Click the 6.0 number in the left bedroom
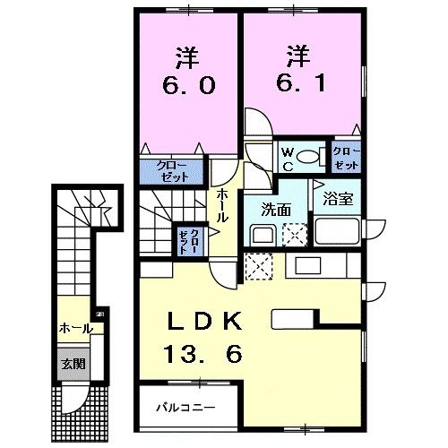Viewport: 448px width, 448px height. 187,86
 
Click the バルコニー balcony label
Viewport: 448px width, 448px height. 187,408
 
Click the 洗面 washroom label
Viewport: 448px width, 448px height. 274,210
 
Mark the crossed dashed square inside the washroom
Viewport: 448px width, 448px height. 293,236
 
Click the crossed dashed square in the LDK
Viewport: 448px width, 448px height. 257,267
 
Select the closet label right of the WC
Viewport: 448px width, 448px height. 346,159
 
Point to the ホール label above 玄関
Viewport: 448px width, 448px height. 75,329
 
